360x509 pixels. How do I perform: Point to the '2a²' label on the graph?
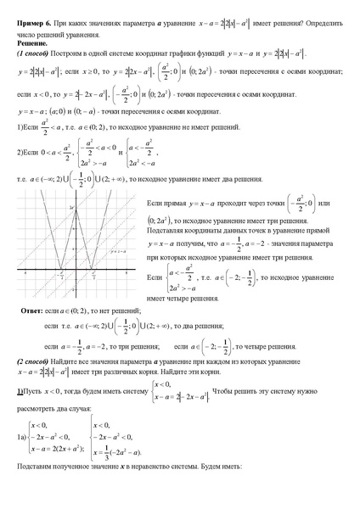pyautogui.click(x=73, y=207)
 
